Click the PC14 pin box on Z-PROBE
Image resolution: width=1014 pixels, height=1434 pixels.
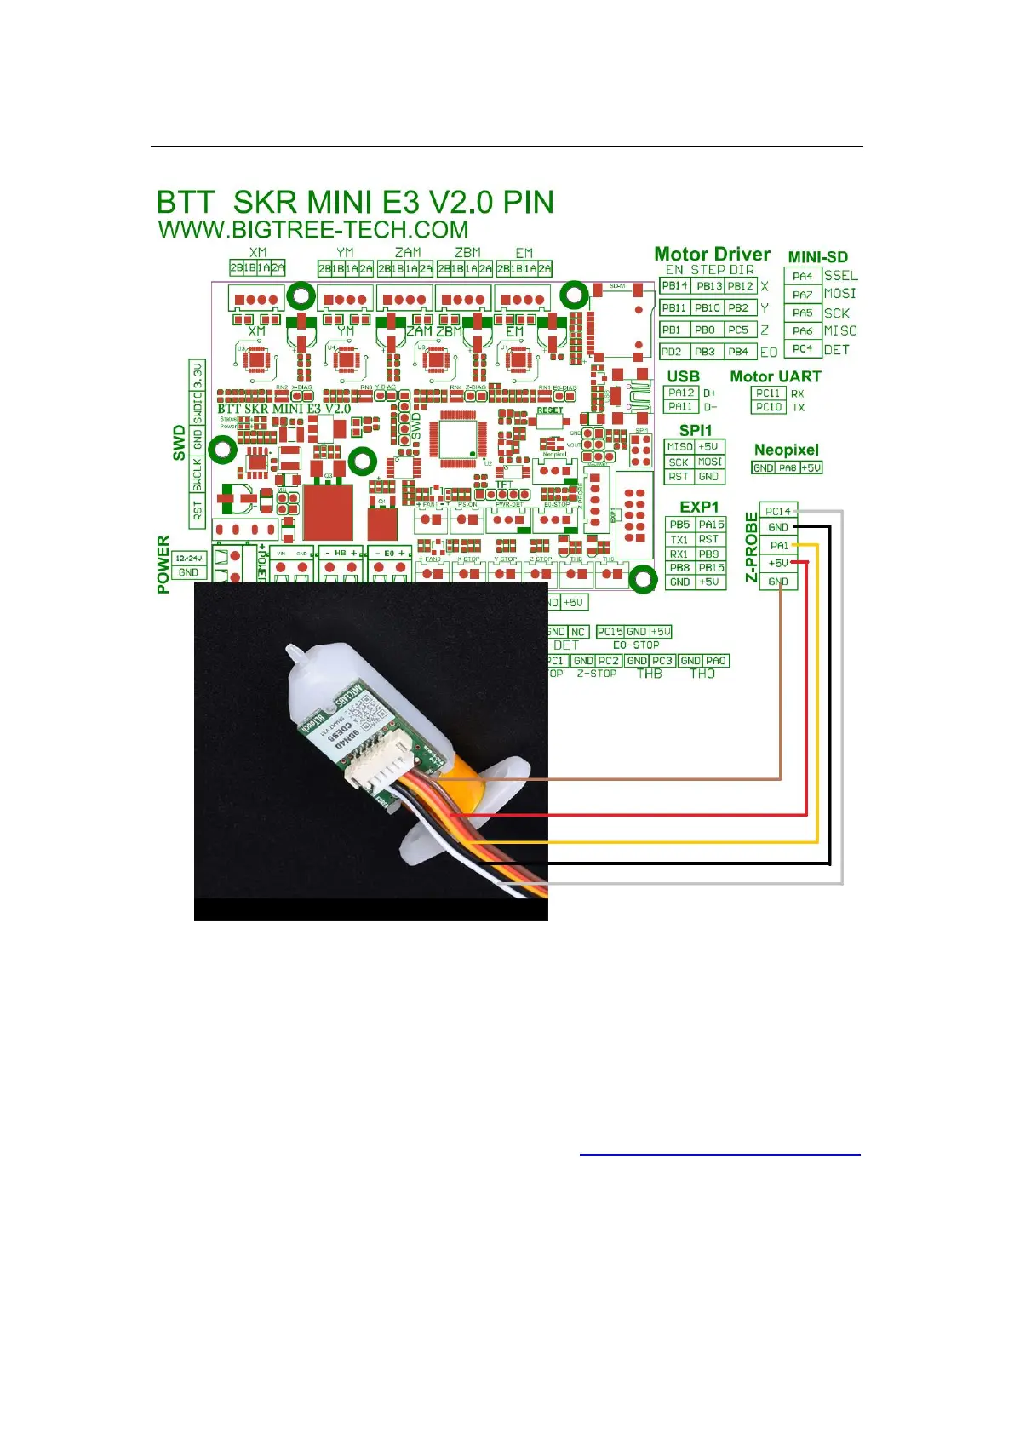tap(777, 511)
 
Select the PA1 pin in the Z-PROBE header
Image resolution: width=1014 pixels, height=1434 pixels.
tap(778, 545)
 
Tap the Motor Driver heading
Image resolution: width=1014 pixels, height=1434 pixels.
tap(712, 254)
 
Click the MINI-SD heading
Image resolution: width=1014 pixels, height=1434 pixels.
tap(817, 257)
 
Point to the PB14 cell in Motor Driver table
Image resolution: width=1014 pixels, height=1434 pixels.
tap(674, 286)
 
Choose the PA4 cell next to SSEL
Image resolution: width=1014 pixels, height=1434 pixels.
tap(802, 276)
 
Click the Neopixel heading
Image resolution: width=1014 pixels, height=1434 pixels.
tap(786, 450)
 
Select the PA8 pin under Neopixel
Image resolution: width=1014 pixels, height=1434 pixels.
tap(788, 467)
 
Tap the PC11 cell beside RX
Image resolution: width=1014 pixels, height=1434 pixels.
tap(768, 393)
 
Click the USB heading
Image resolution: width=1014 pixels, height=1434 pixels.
tap(683, 376)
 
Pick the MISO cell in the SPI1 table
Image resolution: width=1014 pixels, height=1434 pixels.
tap(679, 447)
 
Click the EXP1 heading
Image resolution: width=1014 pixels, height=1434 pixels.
tap(699, 507)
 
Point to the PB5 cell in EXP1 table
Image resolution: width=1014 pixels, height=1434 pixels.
tap(679, 525)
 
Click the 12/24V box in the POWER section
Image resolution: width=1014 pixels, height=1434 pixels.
tap(188, 559)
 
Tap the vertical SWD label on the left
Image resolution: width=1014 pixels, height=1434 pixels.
tap(179, 443)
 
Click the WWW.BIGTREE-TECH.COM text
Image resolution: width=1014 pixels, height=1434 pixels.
tap(313, 230)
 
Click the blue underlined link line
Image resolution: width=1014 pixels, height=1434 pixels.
tap(719, 1155)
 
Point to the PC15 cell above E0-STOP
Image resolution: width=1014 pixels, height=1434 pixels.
tap(610, 632)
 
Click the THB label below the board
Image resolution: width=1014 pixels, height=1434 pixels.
tap(649, 674)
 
